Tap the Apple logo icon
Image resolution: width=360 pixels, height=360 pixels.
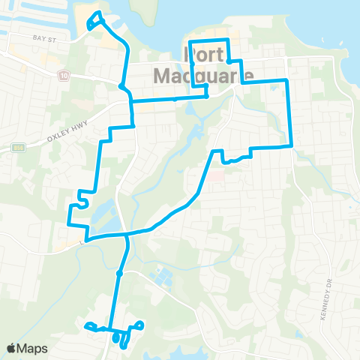pos(12,347)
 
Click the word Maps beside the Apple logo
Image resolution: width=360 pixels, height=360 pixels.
pos(33,347)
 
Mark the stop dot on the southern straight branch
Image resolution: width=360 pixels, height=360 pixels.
pos(118,272)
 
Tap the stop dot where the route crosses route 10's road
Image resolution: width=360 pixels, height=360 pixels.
pos(121,85)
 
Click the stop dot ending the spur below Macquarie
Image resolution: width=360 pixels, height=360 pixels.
pos(205,96)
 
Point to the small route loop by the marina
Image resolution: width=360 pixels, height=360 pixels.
pos(94,21)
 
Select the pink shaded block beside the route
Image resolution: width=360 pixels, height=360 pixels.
pos(217,177)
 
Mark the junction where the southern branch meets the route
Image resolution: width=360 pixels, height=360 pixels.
pos(127,235)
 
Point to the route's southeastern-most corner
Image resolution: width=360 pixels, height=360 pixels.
pos(290,146)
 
